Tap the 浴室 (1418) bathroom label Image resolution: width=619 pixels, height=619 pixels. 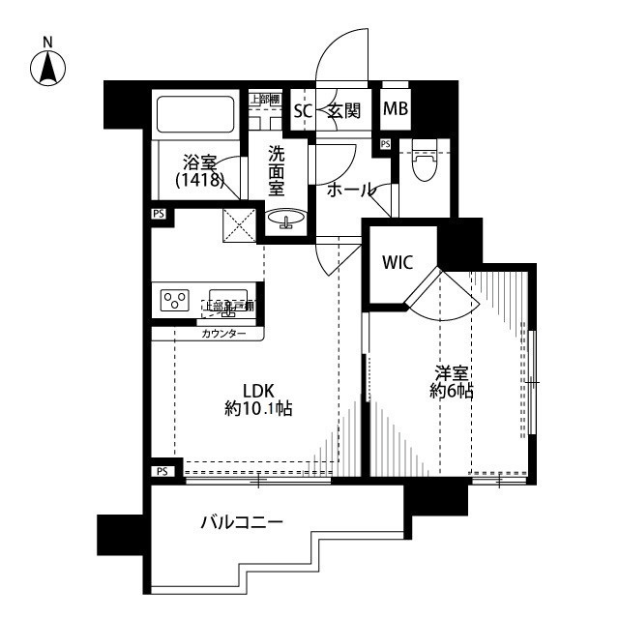pos(201,171)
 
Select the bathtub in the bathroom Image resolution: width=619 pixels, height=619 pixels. pos(196,114)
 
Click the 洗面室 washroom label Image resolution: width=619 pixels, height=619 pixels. pos(277,171)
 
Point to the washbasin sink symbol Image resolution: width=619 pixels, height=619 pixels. pos(284,221)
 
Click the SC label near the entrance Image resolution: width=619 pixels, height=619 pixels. pos(303,111)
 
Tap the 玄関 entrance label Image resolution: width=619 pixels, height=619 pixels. pos(343,111)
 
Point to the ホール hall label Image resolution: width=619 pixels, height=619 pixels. pos(350,190)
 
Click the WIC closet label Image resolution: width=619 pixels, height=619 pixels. pos(398,262)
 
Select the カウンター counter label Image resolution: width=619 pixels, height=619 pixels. pos(223,334)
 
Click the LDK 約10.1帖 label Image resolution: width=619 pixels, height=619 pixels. pos(258,399)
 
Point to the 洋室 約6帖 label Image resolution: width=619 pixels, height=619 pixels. pos(451,381)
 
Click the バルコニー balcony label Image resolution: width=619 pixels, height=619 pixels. pos(242,522)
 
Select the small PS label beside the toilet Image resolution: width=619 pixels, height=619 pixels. pos(385,144)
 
